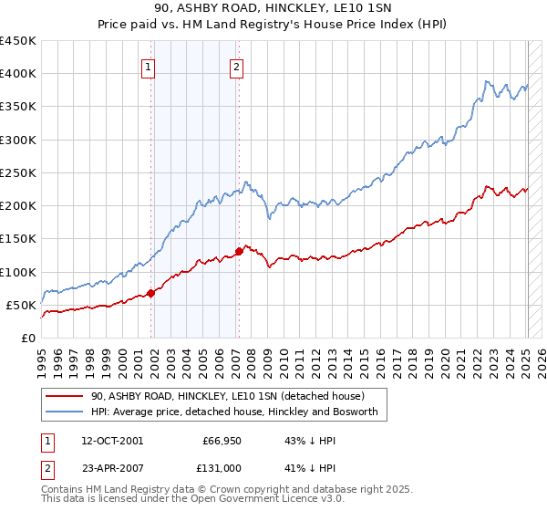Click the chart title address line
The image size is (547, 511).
[273, 9]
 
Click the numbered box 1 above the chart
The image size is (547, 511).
[148, 66]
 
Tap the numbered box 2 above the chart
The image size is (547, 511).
[236, 66]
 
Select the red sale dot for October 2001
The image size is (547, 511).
[151, 293]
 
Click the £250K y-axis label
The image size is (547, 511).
[18, 172]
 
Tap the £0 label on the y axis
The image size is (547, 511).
[27, 338]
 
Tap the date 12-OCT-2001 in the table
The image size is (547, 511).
[111, 441]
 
